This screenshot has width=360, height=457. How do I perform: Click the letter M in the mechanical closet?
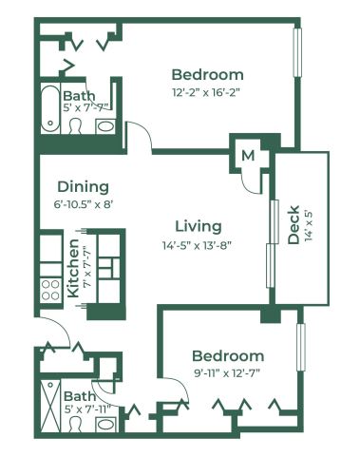pos(248,156)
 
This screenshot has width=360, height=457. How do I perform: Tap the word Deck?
pos(294,225)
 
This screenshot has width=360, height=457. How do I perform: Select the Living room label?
pos(199,226)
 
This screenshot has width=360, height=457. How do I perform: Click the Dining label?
pos(83,187)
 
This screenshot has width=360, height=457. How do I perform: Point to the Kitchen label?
pos(73,269)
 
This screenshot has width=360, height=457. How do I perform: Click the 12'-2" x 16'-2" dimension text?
pos(206,92)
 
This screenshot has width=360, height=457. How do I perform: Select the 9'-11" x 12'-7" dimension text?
pos(227,373)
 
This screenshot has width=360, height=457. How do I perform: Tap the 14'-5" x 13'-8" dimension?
pos(197,245)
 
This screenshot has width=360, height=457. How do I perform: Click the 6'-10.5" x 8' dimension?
pos(84,204)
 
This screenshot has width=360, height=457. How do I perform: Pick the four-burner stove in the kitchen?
pos(50,291)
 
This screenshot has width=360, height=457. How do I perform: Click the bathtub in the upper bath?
pos(50,108)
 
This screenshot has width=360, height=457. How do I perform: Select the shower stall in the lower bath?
pos(50,406)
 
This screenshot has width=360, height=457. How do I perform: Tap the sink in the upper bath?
pos(105,126)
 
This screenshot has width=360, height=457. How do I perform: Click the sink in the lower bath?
pos(106,425)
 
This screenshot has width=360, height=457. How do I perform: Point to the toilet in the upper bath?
pos(75,126)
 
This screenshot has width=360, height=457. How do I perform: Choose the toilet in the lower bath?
pos(75,425)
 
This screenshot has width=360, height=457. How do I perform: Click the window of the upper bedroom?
pos(297,52)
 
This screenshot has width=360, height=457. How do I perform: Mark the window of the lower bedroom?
pos(301,347)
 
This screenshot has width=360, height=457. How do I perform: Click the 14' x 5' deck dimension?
pos(309,225)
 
